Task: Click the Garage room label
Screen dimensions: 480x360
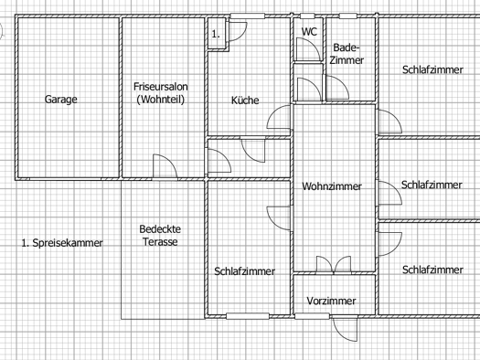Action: pos(61,100)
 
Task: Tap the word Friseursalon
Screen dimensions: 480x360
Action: pos(161,87)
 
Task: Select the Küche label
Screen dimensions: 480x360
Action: pos(245,100)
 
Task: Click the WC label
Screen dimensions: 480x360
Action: pos(309,31)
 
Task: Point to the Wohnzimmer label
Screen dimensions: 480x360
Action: pos(332,186)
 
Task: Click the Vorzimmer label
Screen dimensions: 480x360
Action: pos(331,301)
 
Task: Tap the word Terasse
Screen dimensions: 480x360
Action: pos(160,242)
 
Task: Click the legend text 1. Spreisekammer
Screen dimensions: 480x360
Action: pos(62,243)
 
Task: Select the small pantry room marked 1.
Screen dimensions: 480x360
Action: pos(217,33)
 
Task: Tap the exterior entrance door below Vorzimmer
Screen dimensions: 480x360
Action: pos(346,329)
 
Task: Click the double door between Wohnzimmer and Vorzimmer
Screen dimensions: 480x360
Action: pos(334,264)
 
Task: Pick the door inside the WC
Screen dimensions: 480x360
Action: pos(309,49)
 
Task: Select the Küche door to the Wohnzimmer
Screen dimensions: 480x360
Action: pos(279,117)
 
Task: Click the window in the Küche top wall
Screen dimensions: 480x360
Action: pos(248,16)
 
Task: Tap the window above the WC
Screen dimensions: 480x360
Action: pos(307,16)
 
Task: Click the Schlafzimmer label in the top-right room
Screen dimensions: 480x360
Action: pos(432,69)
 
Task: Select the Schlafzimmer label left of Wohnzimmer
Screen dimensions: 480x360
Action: pos(245,271)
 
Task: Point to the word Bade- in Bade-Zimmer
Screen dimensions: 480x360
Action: pos(347,48)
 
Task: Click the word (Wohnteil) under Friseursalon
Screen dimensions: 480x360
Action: pos(160,100)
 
